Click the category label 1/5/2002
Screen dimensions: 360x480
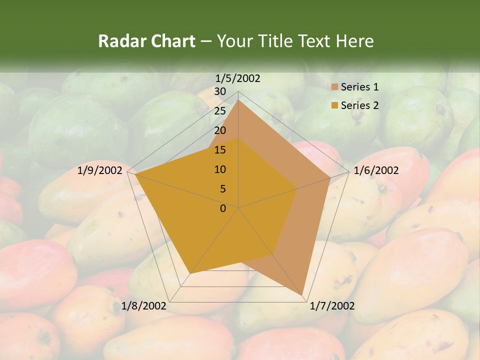pyautogui.click(x=238, y=78)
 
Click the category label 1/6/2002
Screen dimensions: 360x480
pyautogui.click(x=376, y=170)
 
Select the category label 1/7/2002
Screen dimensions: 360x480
pyautogui.click(x=332, y=306)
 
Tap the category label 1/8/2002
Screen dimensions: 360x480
pyautogui.click(x=144, y=306)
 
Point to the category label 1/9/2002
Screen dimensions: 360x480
pyautogui.click(x=100, y=170)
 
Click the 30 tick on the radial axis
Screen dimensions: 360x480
pyautogui.click(x=220, y=91)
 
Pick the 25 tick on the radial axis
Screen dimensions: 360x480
pyautogui.click(x=220, y=111)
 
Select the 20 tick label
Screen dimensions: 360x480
pyautogui.click(x=220, y=130)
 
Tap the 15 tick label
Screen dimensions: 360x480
pyautogui.click(x=220, y=150)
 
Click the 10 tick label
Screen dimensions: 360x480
pyautogui.click(x=220, y=169)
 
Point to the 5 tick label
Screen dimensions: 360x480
pyautogui.click(x=223, y=189)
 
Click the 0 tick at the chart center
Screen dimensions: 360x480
pyautogui.click(x=223, y=208)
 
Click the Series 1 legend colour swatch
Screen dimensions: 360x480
pyautogui.click(x=334, y=87)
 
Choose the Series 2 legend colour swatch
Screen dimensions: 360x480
pyautogui.click(x=334, y=105)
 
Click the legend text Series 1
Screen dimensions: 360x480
pyautogui.click(x=359, y=87)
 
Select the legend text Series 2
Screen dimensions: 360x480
pyautogui.click(x=359, y=105)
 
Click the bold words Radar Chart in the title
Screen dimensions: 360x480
pyautogui.click(x=146, y=41)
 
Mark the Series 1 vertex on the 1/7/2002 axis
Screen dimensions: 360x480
pyautogui.click(x=302, y=294)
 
